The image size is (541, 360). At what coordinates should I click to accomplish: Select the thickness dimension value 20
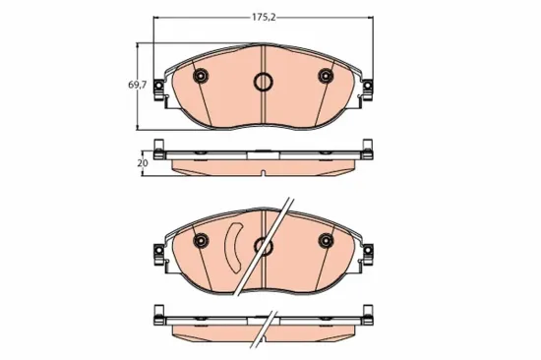pyautogui.click(x=142, y=162)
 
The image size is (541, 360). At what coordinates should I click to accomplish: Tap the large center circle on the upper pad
pyautogui.click(x=263, y=83)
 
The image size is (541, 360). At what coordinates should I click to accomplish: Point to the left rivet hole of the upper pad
pyautogui.click(x=200, y=77)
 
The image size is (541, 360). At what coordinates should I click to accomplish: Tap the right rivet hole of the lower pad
pyautogui.click(x=327, y=240)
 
